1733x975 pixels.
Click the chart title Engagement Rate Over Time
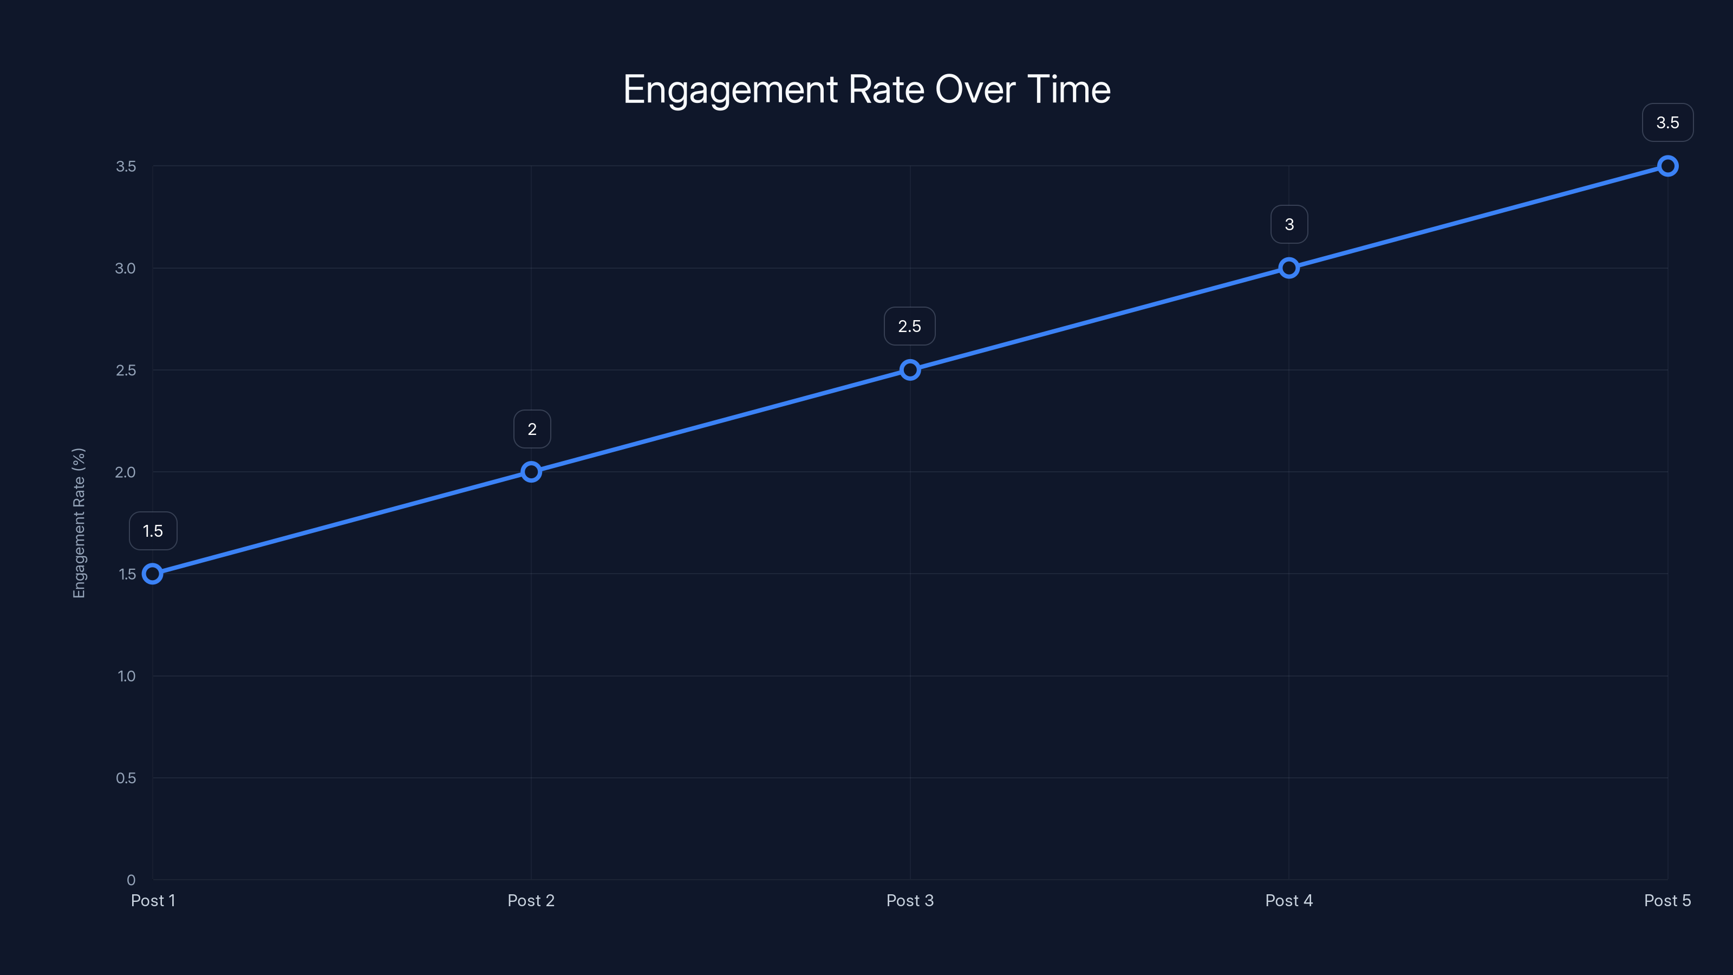click(866, 89)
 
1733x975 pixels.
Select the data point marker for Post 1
click(153, 574)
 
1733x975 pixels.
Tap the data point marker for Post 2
click(531, 472)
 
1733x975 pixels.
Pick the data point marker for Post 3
click(910, 370)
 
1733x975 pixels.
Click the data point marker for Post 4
click(1289, 268)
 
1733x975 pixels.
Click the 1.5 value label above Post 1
click(153, 531)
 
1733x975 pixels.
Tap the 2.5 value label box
click(910, 326)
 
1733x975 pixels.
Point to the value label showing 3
click(1289, 224)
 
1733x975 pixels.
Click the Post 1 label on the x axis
click(153, 900)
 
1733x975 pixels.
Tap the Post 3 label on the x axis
click(910, 900)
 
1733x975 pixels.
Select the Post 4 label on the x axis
click(1289, 900)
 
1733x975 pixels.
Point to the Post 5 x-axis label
click(1667, 900)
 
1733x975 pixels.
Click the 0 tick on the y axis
click(131, 880)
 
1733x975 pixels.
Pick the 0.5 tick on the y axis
click(126, 778)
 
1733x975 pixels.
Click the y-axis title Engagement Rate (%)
click(80, 523)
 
